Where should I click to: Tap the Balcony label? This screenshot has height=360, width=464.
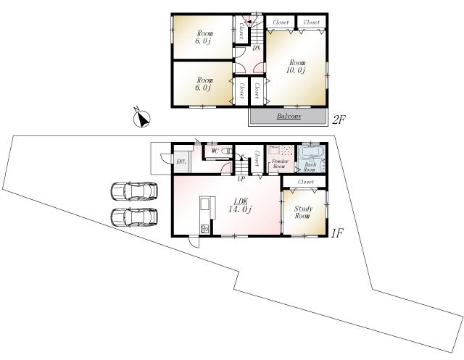(x=289, y=116)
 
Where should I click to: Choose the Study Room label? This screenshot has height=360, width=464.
(x=303, y=212)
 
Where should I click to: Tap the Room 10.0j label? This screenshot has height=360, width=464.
(x=297, y=66)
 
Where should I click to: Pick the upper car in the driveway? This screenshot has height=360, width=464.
(x=134, y=192)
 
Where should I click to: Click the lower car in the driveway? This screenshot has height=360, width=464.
(x=134, y=217)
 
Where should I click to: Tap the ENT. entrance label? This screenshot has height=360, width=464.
(x=181, y=161)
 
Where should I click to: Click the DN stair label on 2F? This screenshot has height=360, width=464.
(x=257, y=49)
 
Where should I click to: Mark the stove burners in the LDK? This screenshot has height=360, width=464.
(x=204, y=230)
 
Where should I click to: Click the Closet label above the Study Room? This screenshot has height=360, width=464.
(x=305, y=181)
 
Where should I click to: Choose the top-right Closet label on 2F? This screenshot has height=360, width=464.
(x=312, y=22)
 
